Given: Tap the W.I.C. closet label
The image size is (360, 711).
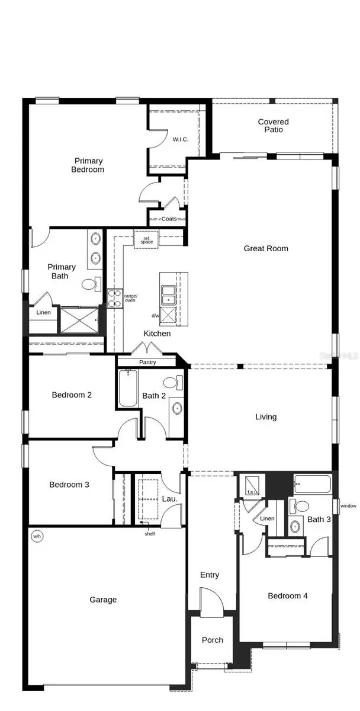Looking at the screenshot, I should (x=180, y=140).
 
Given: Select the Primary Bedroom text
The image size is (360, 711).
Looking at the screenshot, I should (x=89, y=165).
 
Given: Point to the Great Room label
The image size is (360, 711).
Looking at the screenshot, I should (x=266, y=248).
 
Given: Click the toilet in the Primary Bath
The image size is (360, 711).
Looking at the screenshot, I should (x=89, y=285).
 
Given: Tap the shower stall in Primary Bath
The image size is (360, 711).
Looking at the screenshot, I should (x=80, y=320).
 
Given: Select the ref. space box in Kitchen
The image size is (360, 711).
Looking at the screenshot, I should (x=146, y=239).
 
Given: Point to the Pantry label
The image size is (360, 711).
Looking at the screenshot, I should (x=147, y=362).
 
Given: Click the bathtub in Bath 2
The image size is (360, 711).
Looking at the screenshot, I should (x=128, y=389).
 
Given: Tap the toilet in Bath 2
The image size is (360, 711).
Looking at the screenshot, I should (x=171, y=383).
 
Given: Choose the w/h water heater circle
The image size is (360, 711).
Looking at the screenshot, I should (x=37, y=537).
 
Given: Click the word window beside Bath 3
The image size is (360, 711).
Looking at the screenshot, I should (x=348, y=506).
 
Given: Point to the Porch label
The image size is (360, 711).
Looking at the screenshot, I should (x=213, y=640).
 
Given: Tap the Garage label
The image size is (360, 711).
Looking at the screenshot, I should (x=103, y=600).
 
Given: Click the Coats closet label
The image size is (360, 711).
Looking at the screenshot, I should (x=169, y=219).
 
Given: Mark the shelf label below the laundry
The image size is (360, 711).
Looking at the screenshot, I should (x=149, y=533).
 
